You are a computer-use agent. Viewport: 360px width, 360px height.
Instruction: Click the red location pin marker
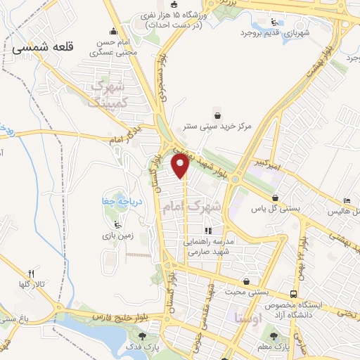(x=181, y=167)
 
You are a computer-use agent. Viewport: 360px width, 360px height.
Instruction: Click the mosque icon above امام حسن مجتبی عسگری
(x=114, y=31)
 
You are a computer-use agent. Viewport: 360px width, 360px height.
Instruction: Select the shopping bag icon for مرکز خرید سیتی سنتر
(x=217, y=115)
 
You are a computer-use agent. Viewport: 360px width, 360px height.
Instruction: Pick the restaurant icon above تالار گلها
(x=31, y=273)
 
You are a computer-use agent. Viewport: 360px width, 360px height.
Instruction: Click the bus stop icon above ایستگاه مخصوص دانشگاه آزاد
(x=292, y=294)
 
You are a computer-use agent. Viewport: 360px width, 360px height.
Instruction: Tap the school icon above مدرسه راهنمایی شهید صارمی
(x=207, y=231)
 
